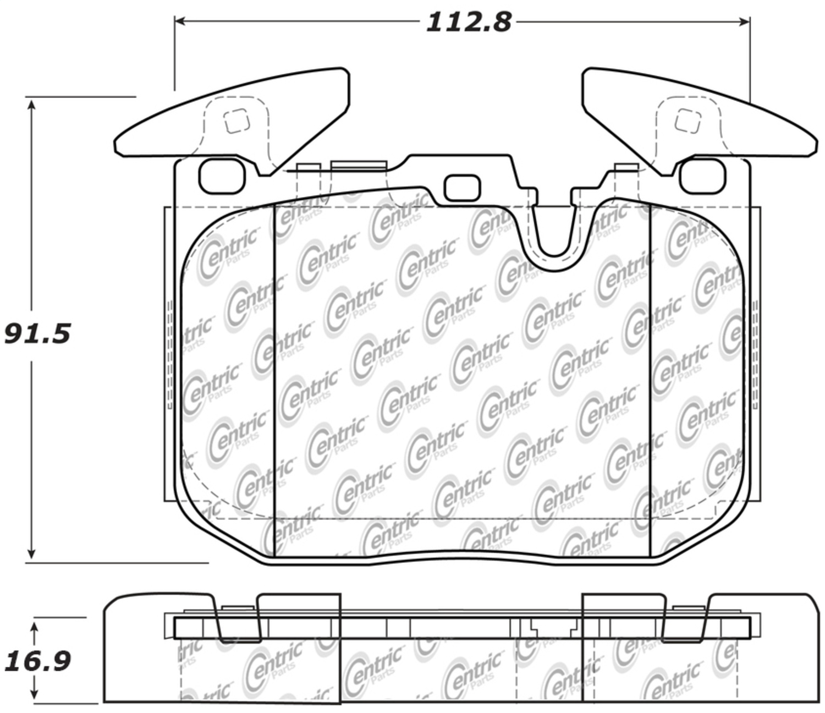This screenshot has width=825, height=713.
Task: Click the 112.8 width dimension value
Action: [469, 22]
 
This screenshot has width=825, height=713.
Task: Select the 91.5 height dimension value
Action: [37, 334]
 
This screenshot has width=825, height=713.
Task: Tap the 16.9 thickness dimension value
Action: [37, 661]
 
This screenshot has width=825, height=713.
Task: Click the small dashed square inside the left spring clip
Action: [237, 121]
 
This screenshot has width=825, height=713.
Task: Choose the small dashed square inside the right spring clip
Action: [688, 120]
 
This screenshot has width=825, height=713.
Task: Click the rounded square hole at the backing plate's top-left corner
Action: [221, 176]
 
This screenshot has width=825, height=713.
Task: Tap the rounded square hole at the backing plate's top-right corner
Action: [702, 176]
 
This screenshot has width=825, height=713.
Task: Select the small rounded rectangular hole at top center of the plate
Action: [461, 188]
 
